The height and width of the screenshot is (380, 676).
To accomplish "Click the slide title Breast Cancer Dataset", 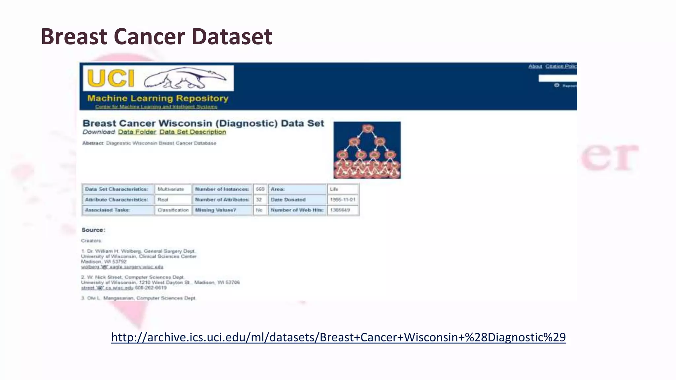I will [156, 36].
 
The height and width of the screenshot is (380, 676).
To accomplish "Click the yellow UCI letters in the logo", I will [111, 79].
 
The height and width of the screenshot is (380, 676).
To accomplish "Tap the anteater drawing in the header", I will [185, 79].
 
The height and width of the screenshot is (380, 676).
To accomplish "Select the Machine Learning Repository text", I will [158, 98].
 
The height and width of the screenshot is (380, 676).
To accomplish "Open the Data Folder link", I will [137, 132].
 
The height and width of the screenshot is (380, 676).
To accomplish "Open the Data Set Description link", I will [193, 132].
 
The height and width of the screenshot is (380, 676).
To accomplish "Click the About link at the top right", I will [535, 66].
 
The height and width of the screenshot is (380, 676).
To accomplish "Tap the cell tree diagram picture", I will [367, 150].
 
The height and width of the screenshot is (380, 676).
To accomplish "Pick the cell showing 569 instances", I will [260, 189].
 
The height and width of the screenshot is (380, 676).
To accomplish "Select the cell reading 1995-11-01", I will [343, 200].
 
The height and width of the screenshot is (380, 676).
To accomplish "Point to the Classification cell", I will [173, 210].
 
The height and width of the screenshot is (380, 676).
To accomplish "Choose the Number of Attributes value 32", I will [259, 200].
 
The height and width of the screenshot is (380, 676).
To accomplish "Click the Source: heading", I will [93, 230].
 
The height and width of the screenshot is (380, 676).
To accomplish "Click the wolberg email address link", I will [122, 267].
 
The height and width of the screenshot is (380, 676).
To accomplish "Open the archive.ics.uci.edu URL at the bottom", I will [338, 337].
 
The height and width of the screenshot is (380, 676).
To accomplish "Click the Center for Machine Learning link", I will [156, 107].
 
